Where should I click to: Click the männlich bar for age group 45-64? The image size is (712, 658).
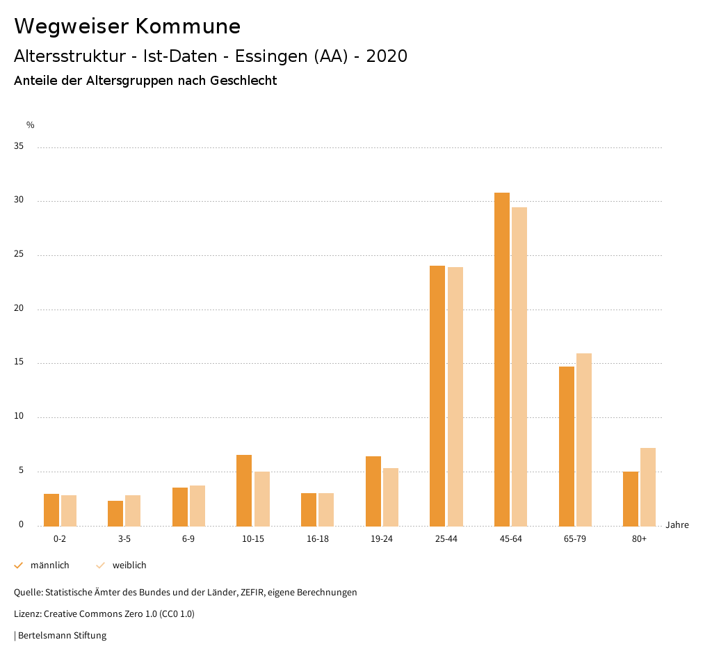(501, 359)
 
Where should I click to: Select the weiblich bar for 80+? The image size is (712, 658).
(648, 487)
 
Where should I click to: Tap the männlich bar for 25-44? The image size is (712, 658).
(437, 396)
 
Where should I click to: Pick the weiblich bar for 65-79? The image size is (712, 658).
(583, 440)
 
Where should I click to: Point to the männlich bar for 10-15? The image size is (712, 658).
(244, 490)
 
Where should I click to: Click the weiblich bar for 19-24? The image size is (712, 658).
(391, 497)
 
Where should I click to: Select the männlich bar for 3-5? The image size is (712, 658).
(115, 513)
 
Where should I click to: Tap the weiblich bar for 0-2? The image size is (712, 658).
(69, 511)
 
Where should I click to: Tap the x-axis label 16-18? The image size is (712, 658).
(318, 539)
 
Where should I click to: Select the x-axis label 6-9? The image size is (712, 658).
(188, 539)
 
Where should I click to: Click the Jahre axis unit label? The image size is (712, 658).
(677, 525)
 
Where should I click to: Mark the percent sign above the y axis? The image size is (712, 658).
(31, 125)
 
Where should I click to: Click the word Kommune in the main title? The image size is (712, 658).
(188, 26)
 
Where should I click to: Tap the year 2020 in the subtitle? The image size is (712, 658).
(387, 56)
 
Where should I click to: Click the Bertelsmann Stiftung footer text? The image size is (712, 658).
(62, 635)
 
